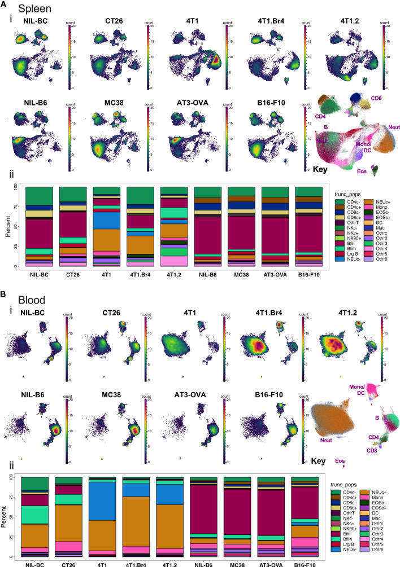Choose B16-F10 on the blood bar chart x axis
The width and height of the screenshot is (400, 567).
pyautogui.click(x=309, y=564)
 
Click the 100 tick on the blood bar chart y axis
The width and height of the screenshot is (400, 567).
pyautogui.click(x=14, y=477)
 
